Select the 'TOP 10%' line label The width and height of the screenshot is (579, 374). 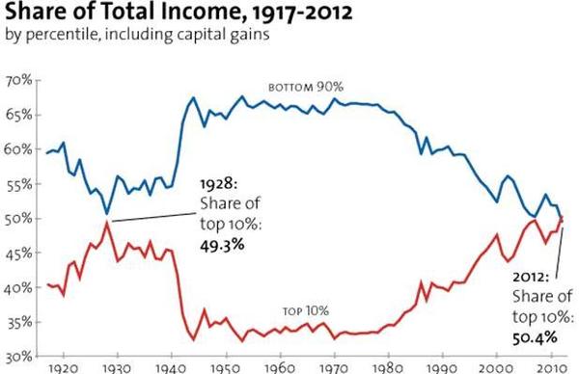click(x=307, y=310)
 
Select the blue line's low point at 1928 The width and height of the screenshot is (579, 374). click(x=106, y=212)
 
